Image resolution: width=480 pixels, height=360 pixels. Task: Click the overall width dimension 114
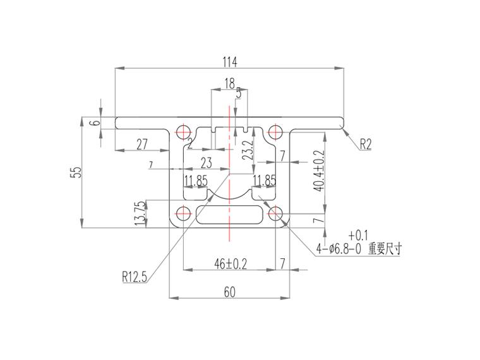coord(229,62)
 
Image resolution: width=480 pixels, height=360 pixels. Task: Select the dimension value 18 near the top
coord(229,83)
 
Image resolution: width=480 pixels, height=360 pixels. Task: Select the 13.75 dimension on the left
coord(140,213)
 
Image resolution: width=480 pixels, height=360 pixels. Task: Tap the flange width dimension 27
coord(142,145)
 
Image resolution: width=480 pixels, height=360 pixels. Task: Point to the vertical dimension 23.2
coord(248,152)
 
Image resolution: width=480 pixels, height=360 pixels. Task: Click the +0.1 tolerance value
coord(357,234)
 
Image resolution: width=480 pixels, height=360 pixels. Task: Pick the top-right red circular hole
coord(275,132)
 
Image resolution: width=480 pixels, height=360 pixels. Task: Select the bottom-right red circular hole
coord(275,214)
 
